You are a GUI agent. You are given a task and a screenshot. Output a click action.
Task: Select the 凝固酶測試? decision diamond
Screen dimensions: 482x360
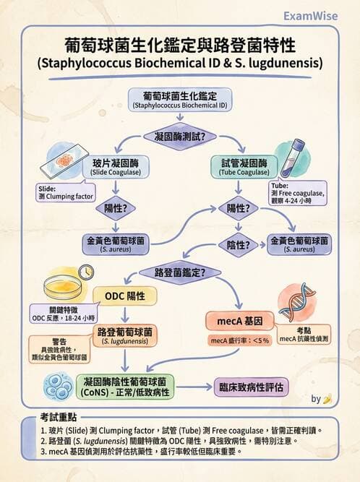pos(179,136)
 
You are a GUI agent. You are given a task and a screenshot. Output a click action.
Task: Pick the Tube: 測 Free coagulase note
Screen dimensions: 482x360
pos(297,195)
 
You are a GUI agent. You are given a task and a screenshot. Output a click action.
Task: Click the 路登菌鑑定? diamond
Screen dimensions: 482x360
pos(179,273)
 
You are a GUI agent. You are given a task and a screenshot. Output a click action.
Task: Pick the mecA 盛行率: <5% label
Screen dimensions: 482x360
pos(239,340)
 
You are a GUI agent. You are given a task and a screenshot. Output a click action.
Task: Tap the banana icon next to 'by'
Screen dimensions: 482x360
pos(327,398)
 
